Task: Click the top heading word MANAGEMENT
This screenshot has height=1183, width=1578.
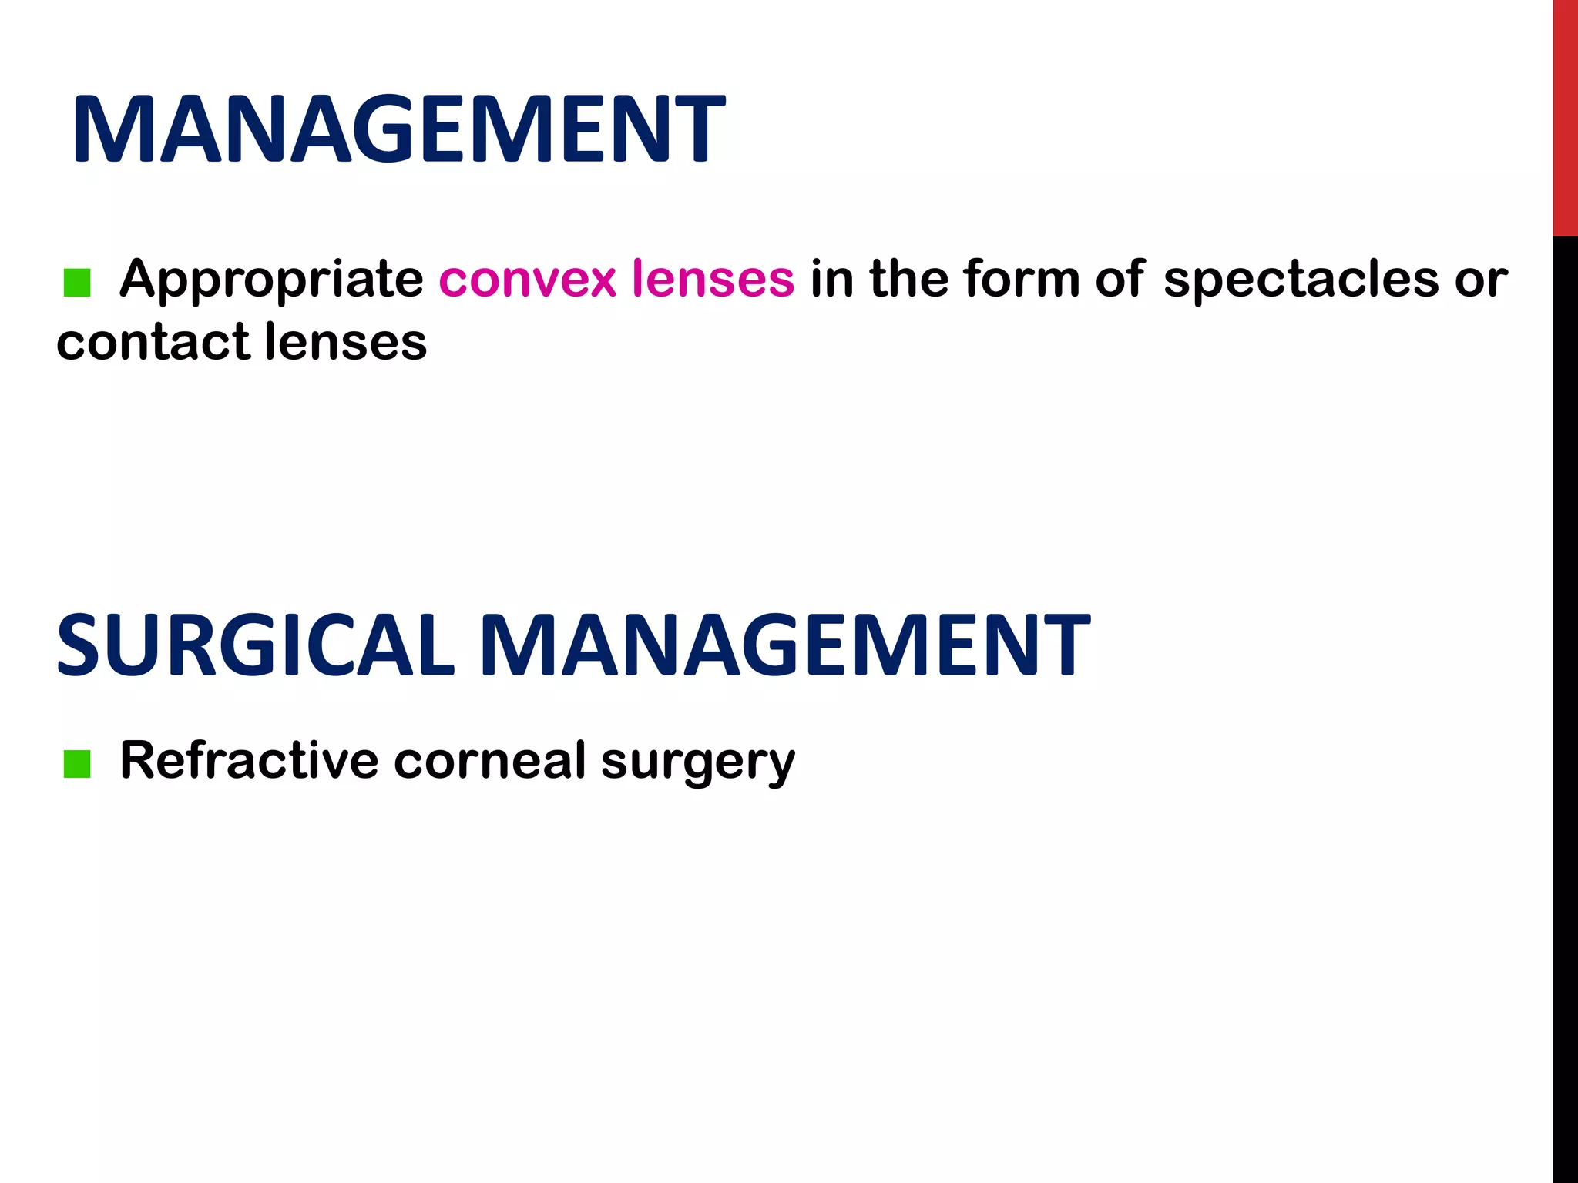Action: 398,129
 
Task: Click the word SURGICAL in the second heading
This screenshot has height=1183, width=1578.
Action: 255,645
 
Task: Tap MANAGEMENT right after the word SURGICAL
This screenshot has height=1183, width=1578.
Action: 785,645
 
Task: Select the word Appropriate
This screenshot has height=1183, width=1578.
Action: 271,280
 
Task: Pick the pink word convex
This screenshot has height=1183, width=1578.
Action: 528,280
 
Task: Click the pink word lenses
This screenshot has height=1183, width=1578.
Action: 713,278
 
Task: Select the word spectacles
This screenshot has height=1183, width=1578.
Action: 1301,280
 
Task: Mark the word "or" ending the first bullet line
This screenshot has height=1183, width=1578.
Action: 1481,280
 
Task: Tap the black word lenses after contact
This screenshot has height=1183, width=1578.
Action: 346,342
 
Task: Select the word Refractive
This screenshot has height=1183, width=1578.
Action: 249,761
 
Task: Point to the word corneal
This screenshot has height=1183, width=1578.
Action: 490,761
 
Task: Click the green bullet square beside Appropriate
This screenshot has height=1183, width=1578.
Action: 77,283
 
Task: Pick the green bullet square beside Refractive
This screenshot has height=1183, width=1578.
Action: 77,765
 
